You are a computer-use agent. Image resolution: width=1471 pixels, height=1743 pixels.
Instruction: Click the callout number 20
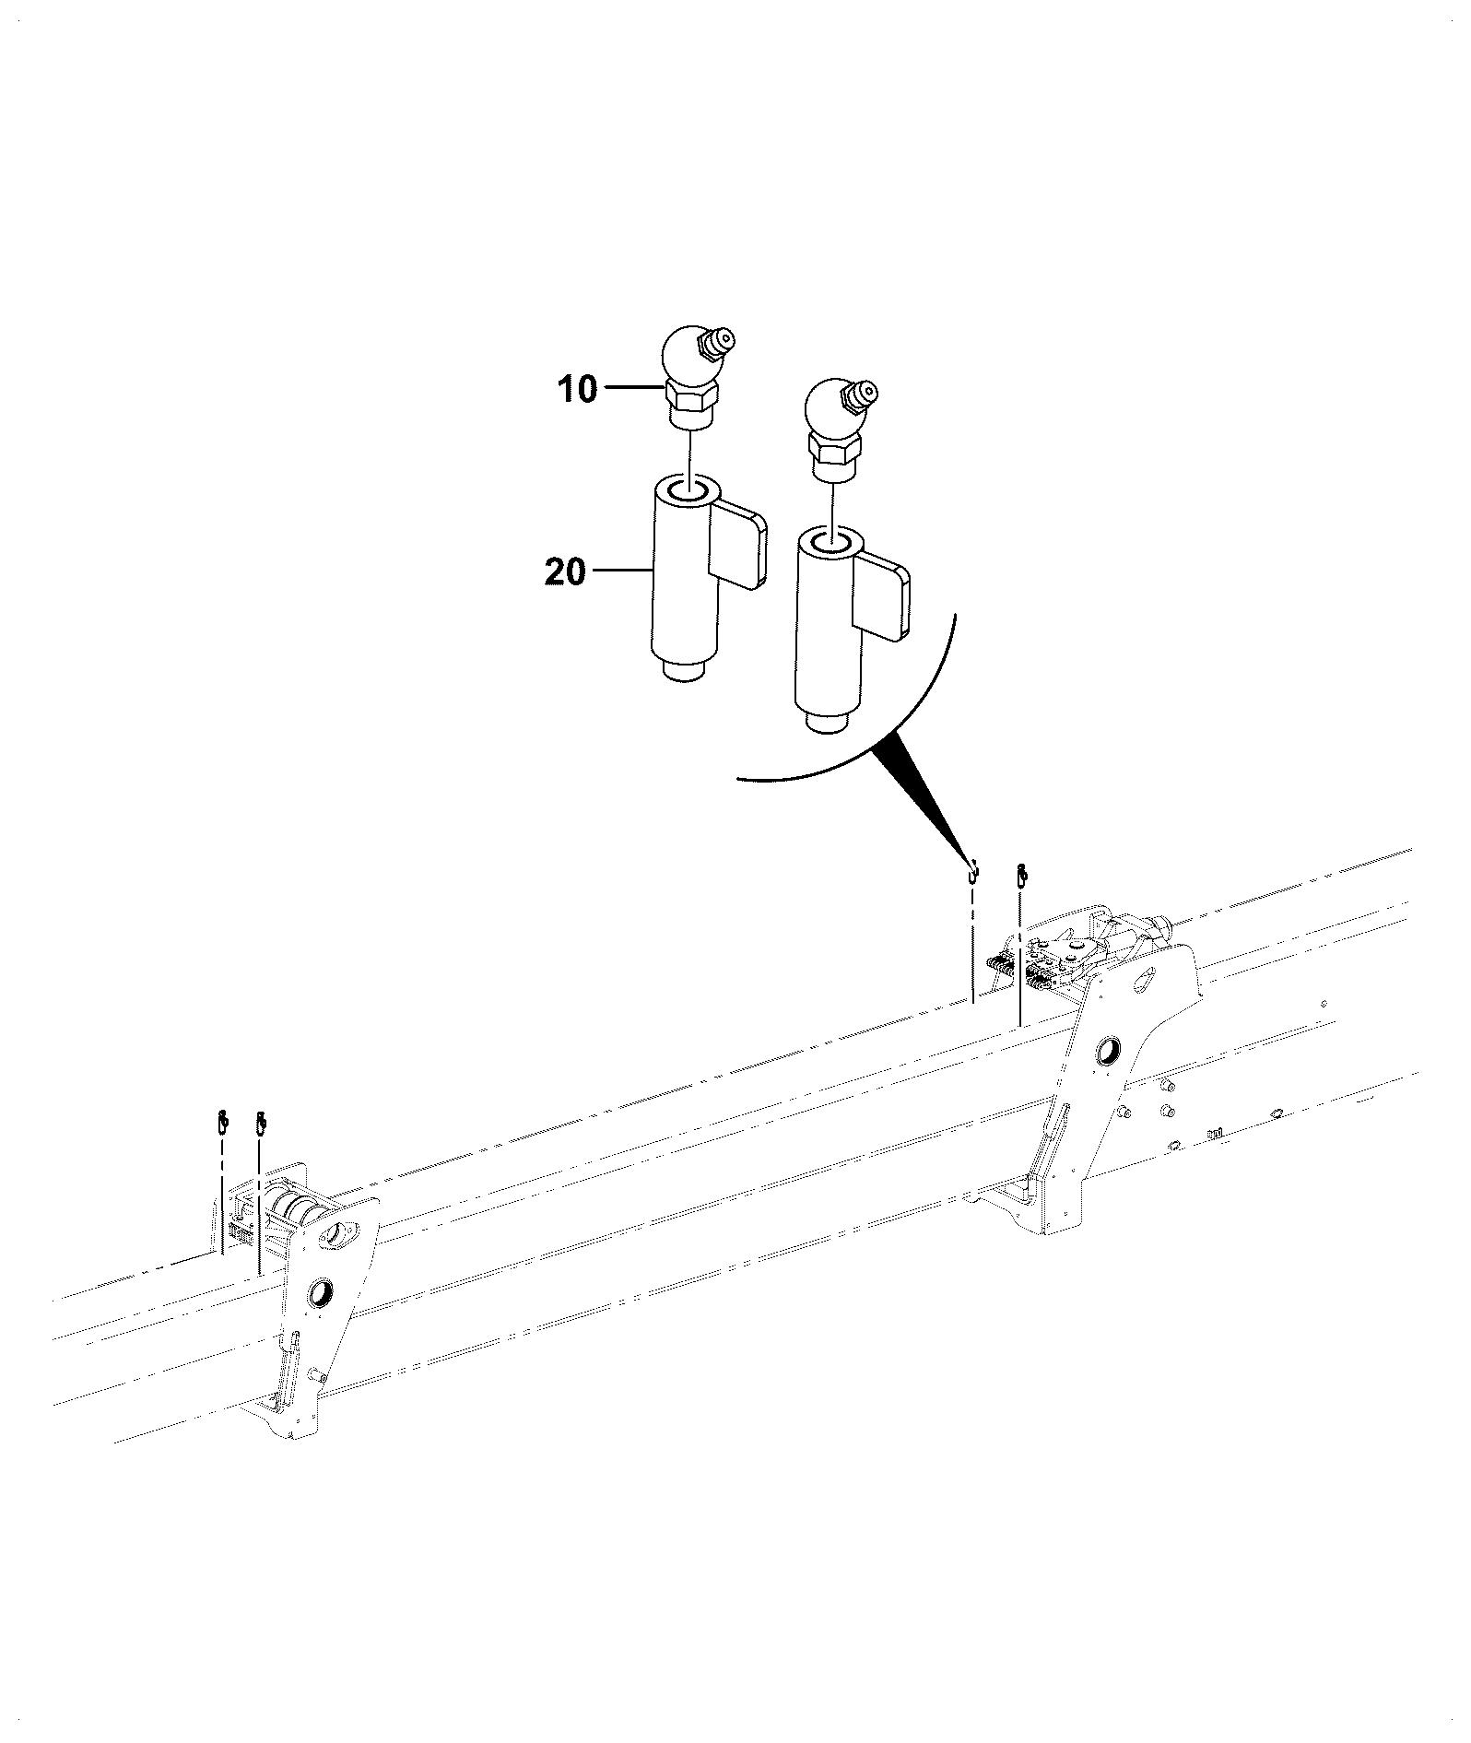click(x=564, y=572)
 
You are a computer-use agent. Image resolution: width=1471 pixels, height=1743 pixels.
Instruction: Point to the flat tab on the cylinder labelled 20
click(x=738, y=543)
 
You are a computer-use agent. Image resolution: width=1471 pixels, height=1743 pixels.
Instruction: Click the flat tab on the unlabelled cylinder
click(x=883, y=595)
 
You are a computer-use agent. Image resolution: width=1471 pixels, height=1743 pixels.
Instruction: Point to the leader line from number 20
click(x=620, y=571)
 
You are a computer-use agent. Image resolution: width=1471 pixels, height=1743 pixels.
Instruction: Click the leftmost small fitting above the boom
click(x=221, y=1122)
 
